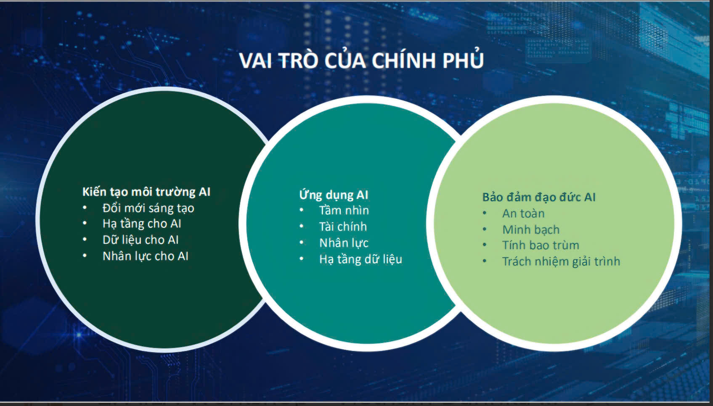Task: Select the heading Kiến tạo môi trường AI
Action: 146,192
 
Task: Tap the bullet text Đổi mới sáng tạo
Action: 148,208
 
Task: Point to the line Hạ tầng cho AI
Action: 142,224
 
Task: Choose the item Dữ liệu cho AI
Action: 140,240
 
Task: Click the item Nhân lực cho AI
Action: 145,256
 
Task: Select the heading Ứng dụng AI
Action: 334,195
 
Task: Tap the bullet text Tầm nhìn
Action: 344,210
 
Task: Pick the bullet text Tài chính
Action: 343,227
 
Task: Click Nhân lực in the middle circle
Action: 344,243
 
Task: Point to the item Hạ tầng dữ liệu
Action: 360,259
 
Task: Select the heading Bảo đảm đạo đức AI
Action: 538,197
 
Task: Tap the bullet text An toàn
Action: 523,214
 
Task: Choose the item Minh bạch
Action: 531,229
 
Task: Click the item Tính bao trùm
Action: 541,245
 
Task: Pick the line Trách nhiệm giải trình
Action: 561,261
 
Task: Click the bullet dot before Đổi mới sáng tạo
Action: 85,208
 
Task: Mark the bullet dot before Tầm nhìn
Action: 302,210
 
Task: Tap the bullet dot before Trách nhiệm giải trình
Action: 485,261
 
